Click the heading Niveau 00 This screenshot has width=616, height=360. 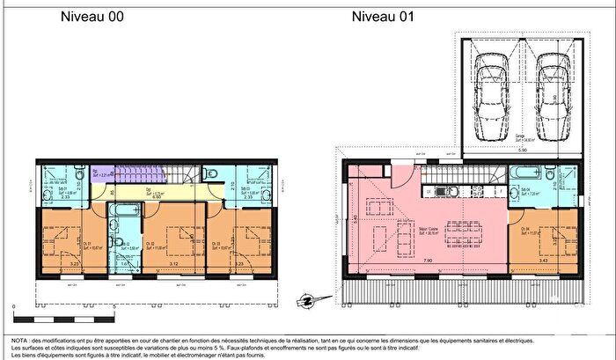click(x=91, y=17)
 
